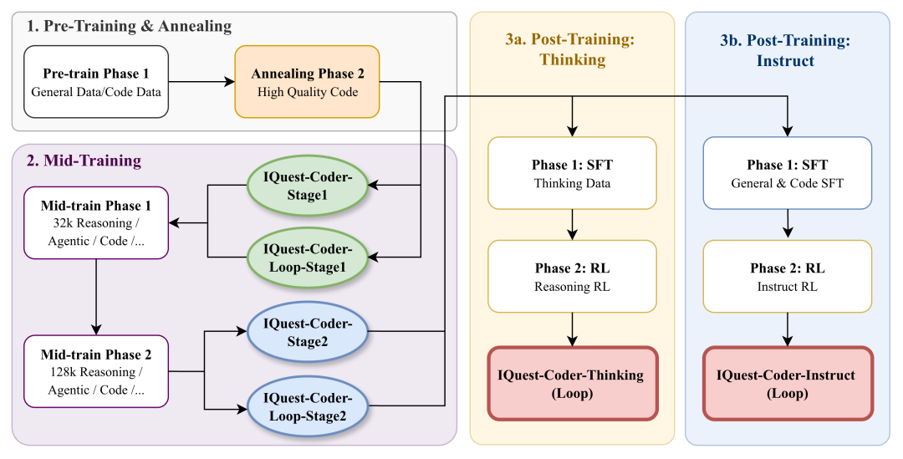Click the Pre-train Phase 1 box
(x=96, y=82)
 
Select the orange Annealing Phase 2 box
(x=307, y=82)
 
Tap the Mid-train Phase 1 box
(x=96, y=222)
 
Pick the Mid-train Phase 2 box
(x=96, y=371)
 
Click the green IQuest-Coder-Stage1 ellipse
(x=308, y=185)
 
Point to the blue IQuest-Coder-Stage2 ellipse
(x=308, y=332)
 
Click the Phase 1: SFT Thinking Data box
(x=572, y=173)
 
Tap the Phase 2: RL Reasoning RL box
(x=572, y=277)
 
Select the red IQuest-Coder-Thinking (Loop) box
(x=572, y=383)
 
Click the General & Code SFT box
(x=787, y=173)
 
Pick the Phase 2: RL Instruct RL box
(x=787, y=277)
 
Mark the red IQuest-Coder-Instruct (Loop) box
(x=787, y=383)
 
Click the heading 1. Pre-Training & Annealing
(x=129, y=26)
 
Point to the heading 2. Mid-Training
(x=84, y=160)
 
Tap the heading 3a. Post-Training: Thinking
(x=572, y=49)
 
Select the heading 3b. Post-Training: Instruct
(x=786, y=49)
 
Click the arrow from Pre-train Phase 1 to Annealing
(x=201, y=82)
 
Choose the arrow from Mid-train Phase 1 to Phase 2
(x=96, y=297)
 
